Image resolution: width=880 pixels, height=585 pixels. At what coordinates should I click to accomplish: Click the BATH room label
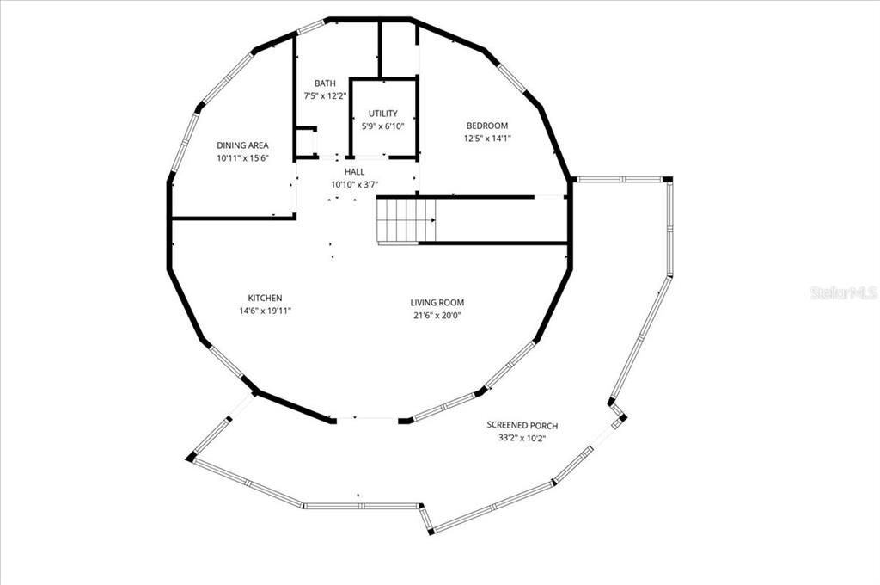[325, 83]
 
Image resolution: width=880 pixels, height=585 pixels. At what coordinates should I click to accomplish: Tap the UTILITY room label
[382, 114]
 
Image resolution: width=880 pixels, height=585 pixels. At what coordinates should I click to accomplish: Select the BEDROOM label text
[487, 126]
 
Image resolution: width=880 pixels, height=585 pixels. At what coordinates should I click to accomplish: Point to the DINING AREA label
[242, 145]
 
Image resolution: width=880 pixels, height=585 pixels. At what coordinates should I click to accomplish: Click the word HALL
[355, 172]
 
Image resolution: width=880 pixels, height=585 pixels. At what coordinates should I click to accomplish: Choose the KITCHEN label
[265, 298]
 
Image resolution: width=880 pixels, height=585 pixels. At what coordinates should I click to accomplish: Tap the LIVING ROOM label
[437, 303]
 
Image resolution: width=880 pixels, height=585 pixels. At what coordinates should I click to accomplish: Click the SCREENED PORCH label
[522, 425]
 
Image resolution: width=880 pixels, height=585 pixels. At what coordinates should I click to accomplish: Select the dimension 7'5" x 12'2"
[325, 96]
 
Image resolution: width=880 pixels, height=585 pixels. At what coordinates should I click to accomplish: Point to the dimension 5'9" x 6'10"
[382, 126]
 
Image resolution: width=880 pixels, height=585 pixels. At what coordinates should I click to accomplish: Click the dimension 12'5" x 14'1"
[487, 139]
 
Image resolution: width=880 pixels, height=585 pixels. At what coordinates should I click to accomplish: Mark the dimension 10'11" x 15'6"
[242, 158]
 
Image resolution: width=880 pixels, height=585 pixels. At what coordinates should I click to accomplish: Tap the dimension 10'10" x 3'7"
[355, 184]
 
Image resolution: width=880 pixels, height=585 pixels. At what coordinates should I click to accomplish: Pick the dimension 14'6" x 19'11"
[265, 311]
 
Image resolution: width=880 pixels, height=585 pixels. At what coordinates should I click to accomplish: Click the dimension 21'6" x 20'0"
[437, 316]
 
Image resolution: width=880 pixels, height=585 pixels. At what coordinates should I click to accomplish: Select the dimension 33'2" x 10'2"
[522, 439]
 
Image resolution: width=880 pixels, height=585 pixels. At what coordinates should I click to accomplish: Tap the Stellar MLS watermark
[844, 292]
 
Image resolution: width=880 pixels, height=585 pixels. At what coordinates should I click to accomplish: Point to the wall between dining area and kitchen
[234, 218]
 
